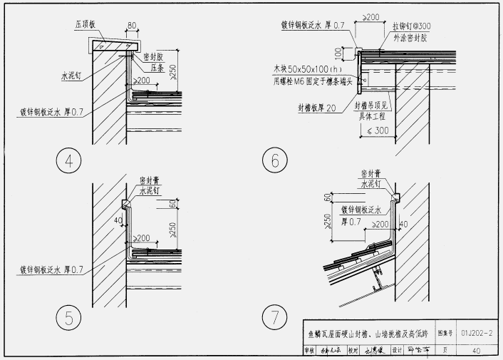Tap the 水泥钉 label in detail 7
click(x=372, y=182)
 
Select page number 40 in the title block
click(x=475, y=350)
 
